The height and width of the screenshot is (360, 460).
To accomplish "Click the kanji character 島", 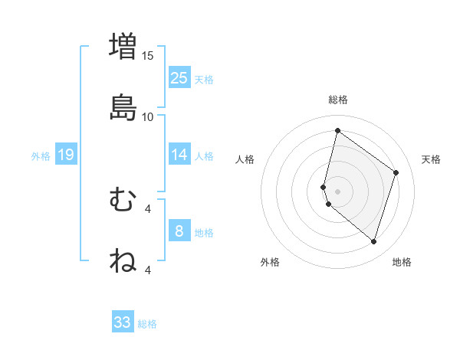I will tap(123, 107).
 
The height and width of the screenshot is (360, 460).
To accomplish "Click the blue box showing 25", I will tap(179, 77).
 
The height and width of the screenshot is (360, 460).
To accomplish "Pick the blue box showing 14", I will tap(179, 155).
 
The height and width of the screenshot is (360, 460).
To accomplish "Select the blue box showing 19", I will tap(65, 155).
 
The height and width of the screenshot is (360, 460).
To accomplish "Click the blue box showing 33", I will tap(123, 322).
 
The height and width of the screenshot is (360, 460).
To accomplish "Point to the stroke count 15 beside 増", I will tap(148, 56).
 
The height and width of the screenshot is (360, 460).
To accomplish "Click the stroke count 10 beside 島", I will tap(148, 116).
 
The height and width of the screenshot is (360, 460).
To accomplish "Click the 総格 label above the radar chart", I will tap(338, 100).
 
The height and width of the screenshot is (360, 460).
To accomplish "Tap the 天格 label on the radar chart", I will tap(432, 159).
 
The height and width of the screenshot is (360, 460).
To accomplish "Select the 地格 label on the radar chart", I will tap(402, 262).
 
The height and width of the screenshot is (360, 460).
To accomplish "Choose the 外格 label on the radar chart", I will tap(270, 262).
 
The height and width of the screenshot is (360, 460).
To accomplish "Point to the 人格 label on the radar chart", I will tap(245, 159).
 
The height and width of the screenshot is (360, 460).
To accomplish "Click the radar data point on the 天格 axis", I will tap(396, 172).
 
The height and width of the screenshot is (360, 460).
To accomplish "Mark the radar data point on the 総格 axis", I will tap(337, 130).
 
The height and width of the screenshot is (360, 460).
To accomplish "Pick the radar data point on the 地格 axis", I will tap(373, 242).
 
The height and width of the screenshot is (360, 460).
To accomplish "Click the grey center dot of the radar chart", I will tap(337, 191).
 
